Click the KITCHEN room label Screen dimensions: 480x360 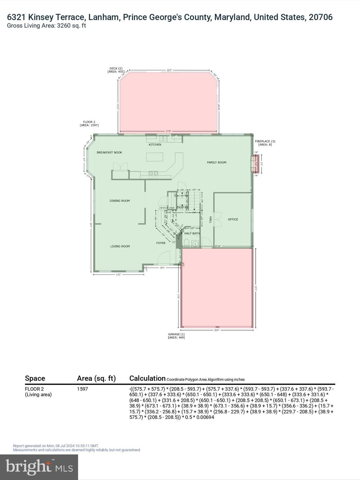click(x=155, y=145)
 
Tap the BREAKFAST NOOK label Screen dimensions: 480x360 click(x=109, y=152)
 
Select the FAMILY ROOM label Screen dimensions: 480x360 click(x=217, y=162)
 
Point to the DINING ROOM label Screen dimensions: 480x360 click(x=119, y=201)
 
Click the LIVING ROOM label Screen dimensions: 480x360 click(x=120, y=246)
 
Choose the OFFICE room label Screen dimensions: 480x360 click(x=233, y=219)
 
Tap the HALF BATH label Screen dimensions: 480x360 click(x=192, y=233)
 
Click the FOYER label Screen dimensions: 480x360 click(x=161, y=243)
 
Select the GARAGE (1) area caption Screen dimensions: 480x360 click(x=176, y=334)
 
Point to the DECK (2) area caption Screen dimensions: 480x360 click(x=116, y=68)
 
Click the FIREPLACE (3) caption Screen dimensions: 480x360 click(x=265, y=141)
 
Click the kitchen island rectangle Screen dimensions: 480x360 click(x=155, y=157)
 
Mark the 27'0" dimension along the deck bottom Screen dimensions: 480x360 click(x=168, y=132)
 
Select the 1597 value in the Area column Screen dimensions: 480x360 click(x=82, y=389)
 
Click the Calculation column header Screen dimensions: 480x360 click(x=147, y=378)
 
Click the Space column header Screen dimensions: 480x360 click(x=35, y=378)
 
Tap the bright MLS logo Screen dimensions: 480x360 click(x=39, y=467)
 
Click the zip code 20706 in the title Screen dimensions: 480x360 click(x=321, y=17)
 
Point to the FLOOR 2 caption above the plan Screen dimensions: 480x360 click(x=89, y=122)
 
